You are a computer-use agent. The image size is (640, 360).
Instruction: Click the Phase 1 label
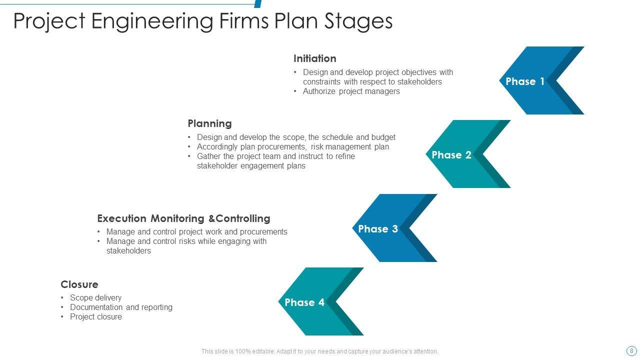tap(525, 81)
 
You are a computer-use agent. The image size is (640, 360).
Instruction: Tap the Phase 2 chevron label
tap(451, 155)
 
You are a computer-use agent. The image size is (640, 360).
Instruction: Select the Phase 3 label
tap(378, 229)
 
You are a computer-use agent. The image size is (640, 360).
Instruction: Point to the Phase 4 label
tap(304, 302)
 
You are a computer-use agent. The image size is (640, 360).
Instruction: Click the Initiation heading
tap(314, 58)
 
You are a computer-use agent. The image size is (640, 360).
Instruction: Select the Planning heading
tap(209, 123)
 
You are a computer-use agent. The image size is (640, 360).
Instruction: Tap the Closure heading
tap(79, 284)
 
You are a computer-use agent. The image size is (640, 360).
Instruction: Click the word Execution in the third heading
tap(121, 218)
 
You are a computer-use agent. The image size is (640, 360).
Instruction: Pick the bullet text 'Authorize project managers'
tap(351, 91)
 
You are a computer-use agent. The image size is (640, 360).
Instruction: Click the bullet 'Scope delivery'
tap(95, 297)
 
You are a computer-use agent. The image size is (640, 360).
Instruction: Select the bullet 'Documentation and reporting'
tap(121, 307)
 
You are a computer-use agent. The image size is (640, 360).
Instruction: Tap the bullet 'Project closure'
tap(95, 316)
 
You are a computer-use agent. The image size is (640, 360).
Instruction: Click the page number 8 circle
tap(631, 350)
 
